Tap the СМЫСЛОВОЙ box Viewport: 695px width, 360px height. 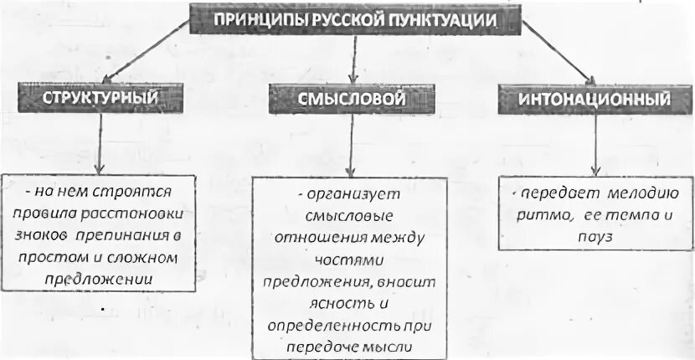point(352,99)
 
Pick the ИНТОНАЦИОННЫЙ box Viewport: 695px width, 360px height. point(595,100)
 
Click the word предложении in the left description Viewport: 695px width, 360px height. point(101,277)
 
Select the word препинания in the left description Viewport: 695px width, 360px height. point(139,235)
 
